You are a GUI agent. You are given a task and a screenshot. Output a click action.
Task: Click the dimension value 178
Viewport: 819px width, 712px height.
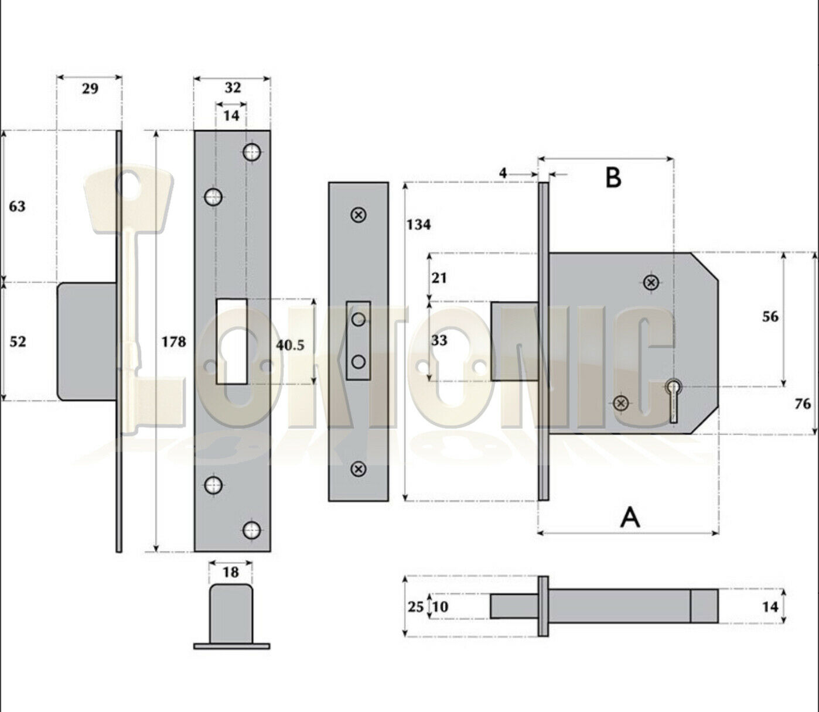[173, 341]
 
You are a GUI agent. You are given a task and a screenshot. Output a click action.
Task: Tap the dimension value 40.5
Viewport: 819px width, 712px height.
[290, 345]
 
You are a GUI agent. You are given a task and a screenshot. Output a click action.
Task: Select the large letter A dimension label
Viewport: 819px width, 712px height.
[630, 517]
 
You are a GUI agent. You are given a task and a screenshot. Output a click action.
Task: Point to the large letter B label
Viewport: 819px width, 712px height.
[613, 177]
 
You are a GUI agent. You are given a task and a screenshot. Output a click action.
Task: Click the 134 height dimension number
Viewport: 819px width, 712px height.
[418, 224]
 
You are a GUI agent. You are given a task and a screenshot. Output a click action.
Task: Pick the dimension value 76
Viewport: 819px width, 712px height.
[802, 403]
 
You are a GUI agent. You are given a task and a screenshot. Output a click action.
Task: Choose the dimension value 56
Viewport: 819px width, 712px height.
[770, 317]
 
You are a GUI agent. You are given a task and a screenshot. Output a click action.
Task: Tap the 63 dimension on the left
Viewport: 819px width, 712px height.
[18, 206]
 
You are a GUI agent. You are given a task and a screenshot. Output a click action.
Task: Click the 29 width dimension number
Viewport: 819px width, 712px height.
[90, 89]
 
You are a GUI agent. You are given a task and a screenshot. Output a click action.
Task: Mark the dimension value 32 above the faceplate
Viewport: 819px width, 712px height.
[233, 88]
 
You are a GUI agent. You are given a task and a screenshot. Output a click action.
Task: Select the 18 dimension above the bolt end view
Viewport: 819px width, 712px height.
[231, 572]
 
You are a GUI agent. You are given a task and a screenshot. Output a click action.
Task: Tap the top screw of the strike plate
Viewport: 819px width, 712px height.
[359, 215]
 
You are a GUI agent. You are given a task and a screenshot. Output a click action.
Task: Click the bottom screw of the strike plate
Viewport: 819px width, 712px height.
[359, 469]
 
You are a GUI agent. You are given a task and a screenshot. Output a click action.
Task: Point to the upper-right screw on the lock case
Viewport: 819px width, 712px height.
[650, 283]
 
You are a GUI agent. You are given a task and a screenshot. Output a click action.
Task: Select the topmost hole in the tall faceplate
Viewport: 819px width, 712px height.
[252, 152]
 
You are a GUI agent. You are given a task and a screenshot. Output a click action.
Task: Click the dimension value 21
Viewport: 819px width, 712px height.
[439, 278]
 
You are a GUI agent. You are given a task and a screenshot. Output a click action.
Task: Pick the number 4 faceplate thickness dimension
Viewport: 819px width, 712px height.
[503, 173]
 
